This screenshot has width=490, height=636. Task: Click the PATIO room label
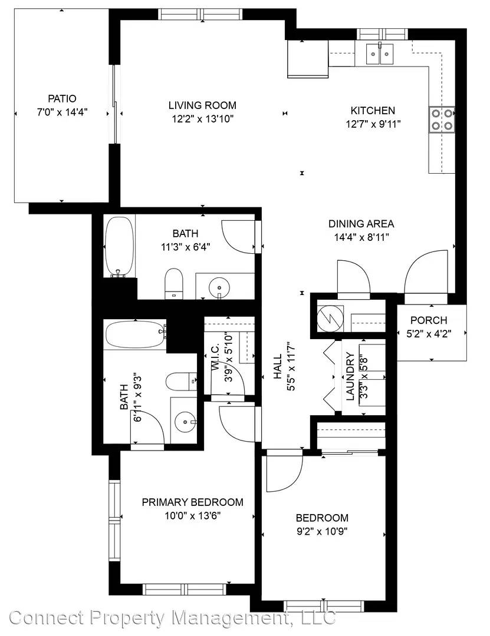point(62,98)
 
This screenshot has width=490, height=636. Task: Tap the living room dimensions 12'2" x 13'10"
point(202,119)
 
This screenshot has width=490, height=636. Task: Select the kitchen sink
point(380,53)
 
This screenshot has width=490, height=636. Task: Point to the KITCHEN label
point(373,110)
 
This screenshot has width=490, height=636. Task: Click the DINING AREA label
point(361,224)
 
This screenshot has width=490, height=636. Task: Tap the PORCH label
point(429,320)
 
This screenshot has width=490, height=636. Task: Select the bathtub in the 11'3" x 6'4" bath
point(120,247)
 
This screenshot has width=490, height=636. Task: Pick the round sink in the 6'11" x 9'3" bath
point(185,422)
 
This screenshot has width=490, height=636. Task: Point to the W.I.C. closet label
point(216,357)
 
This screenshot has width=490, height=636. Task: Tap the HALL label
point(278,367)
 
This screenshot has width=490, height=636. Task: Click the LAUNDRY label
point(350,377)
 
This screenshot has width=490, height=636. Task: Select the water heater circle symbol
point(330,319)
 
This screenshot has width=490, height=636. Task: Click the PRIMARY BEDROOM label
point(193,502)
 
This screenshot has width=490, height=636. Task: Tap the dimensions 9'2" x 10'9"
point(322,531)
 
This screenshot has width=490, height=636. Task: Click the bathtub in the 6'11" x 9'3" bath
point(135,334)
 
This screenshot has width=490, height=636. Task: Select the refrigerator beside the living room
point(308,59)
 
